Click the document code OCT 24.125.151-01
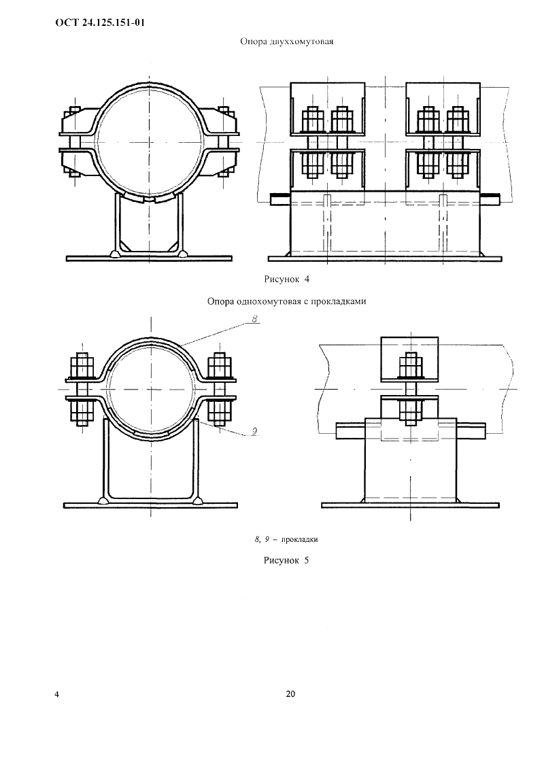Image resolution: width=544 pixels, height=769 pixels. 99,23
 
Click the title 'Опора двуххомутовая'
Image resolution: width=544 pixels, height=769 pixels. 286,41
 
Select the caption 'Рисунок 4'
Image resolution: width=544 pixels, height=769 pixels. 287,279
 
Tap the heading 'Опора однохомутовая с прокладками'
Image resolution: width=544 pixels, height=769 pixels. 286,301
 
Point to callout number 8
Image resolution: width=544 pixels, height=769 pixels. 255,320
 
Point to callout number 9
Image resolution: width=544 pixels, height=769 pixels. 254,431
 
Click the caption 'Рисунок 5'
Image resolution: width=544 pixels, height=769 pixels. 286,560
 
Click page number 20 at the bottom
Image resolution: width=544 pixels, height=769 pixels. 290,694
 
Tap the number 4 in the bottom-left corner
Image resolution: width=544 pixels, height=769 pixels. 57,694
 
